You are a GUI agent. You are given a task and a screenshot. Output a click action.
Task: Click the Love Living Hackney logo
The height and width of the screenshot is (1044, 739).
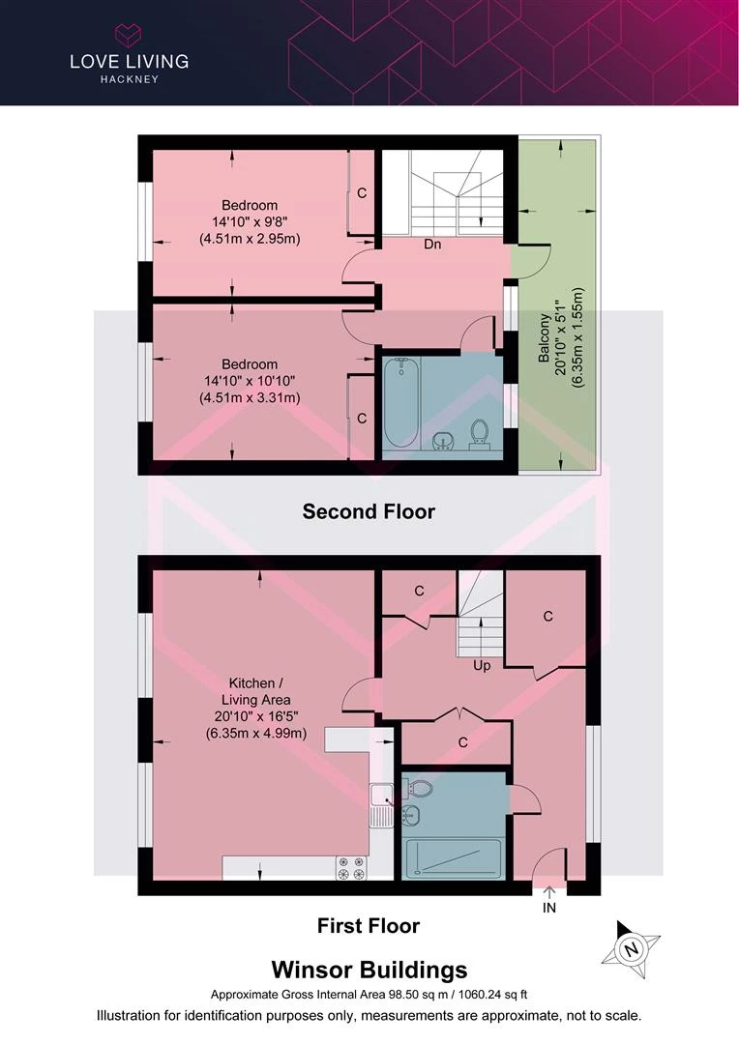130,54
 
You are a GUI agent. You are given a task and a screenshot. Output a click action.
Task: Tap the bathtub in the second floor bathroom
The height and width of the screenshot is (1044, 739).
401,403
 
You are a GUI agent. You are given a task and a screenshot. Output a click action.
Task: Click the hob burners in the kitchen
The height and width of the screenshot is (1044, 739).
351,867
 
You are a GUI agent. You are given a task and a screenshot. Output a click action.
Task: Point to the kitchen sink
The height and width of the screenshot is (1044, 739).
382,804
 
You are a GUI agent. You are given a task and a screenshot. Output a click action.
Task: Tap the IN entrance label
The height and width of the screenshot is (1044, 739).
549,908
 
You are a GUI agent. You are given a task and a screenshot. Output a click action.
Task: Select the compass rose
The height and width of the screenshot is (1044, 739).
631,949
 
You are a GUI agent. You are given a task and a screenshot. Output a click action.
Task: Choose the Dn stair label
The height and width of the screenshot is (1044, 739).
432,245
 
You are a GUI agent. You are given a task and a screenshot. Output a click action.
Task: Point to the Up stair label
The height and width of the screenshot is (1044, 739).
482,665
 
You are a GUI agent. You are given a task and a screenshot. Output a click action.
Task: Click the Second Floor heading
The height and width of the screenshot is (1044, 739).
369,511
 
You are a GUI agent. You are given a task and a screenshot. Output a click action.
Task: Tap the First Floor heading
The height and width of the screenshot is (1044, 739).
369,925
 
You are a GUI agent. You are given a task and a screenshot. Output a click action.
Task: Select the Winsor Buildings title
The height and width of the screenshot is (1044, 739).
369,970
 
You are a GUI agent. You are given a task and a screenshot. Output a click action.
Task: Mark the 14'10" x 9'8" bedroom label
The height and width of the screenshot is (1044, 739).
250,221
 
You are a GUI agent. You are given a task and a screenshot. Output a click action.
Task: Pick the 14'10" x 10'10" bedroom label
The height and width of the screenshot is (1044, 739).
250,381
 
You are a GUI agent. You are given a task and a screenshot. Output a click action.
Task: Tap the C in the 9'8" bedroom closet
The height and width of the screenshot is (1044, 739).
362,193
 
